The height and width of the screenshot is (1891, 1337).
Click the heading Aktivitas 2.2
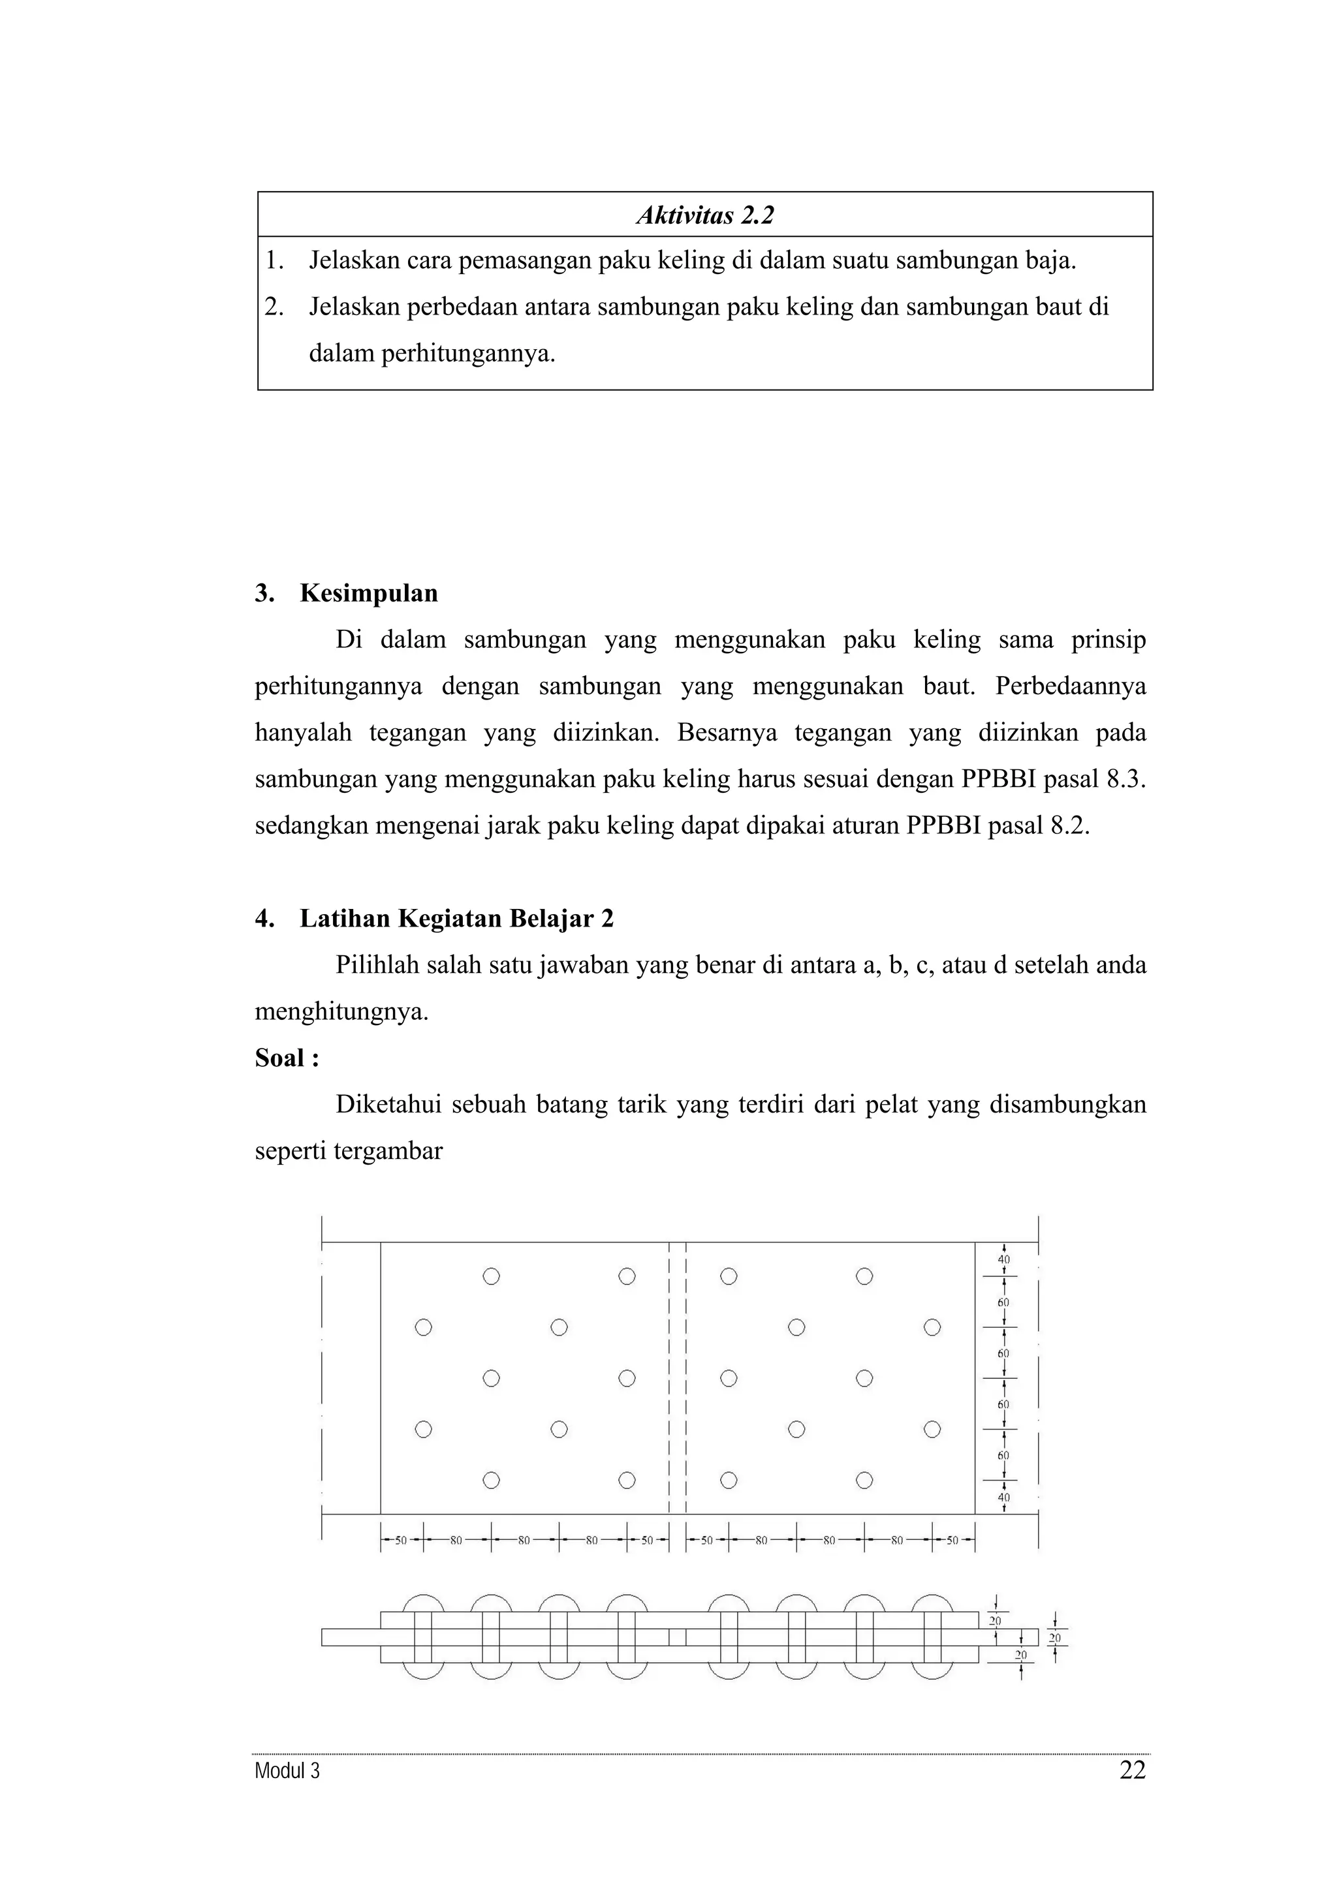pos(705,216)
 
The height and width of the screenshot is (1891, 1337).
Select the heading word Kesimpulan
pos(368,593)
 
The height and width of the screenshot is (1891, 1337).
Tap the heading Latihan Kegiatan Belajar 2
pos(456,918)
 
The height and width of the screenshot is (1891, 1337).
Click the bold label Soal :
pos(287,1058)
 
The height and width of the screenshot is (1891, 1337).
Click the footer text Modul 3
pos(287,1771)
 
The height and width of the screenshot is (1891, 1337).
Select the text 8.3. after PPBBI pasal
pos(1125,779)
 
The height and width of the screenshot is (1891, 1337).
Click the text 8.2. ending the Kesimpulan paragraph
pos(1069,825)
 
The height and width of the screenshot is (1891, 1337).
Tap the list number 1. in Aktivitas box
pos(274,261)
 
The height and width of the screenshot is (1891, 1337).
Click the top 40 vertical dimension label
pos(1003,1259)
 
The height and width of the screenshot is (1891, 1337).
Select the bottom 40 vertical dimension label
pos(1003,1498)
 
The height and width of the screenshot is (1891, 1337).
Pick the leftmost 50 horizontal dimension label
pos(401,1540)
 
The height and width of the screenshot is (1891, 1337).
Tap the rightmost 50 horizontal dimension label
pos(952,1540)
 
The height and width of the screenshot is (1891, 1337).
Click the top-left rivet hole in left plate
pos(491,1276)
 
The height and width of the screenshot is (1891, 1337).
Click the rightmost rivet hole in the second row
pos(932,1327)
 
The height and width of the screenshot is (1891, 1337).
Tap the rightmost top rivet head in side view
pos(932,1605)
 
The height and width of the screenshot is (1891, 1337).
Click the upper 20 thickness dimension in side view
pos(995,1621)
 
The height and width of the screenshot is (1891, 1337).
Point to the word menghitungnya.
pos(342,1011)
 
